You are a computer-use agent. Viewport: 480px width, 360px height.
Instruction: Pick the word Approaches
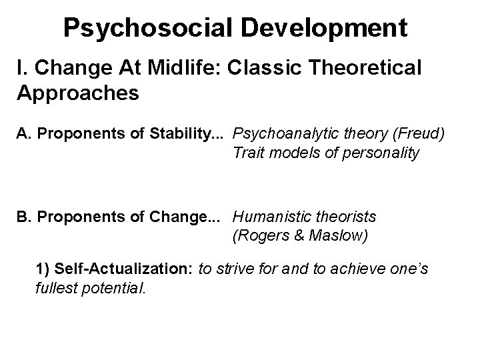[x=77, y=93]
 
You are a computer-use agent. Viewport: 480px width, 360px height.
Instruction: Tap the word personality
[x=382, y=153]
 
